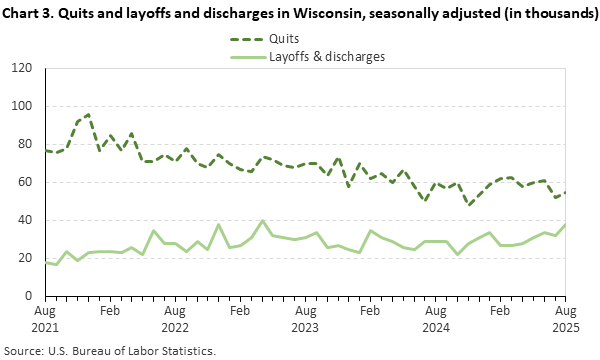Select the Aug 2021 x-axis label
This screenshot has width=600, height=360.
[44, 319]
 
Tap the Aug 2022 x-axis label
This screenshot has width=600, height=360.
[173, 319]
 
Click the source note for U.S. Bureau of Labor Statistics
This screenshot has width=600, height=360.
[110, 350]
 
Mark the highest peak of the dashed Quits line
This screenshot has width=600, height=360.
[88, 115]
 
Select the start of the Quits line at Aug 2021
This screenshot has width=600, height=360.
[44, 150]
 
